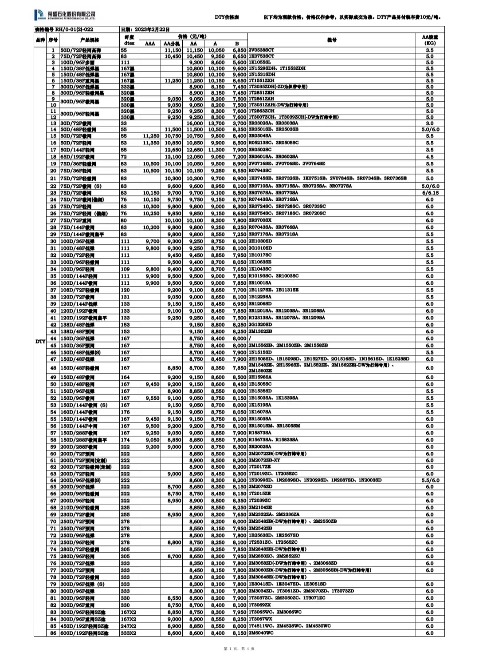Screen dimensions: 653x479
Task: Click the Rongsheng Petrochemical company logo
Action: (x=65, y=16)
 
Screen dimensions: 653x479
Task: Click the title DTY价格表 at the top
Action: (x=227, y=17)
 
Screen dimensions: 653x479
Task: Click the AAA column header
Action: (x=150, y=44)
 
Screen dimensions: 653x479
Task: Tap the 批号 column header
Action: (x=332, y=40)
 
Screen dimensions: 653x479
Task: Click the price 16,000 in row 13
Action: (x=195, y=123)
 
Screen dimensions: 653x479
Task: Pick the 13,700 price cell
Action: (x=216, y=123)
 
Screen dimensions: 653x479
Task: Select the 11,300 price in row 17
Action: (x=216, y=150)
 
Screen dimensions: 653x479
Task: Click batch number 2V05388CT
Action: (x=262, y=50)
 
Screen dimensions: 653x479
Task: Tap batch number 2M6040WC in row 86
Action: (x=261, y=633)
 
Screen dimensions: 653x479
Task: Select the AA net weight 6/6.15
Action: (x=429, y=193)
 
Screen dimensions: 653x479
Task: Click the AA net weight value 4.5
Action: (x=429, y=157)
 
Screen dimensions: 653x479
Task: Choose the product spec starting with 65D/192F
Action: (x=76, y=157)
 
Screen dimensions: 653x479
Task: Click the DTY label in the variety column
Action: (x=40, y=341)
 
